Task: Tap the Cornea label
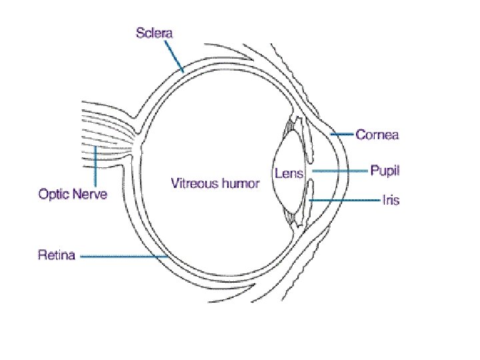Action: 377,135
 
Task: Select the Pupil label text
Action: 385,171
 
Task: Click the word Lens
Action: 289,173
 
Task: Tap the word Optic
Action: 55,195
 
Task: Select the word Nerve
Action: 90,195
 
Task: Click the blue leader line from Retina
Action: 123,255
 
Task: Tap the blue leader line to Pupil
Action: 340,171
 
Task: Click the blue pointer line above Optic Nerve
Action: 95,167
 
